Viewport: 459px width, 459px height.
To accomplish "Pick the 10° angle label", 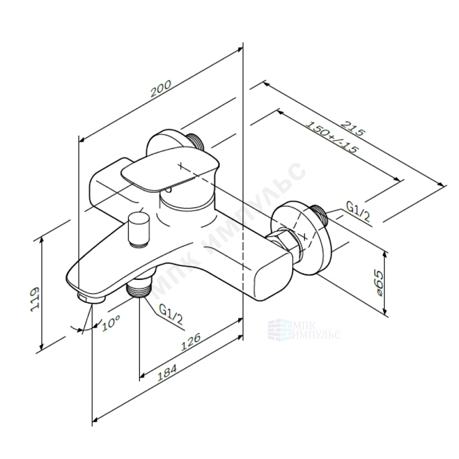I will pyautogui.click(x=110, y=323).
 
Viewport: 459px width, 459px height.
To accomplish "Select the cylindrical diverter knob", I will pyautogui.click(x=138, y=229).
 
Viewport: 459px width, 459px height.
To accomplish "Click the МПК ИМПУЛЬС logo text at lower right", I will pyautogui.click(x=304, y=330).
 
